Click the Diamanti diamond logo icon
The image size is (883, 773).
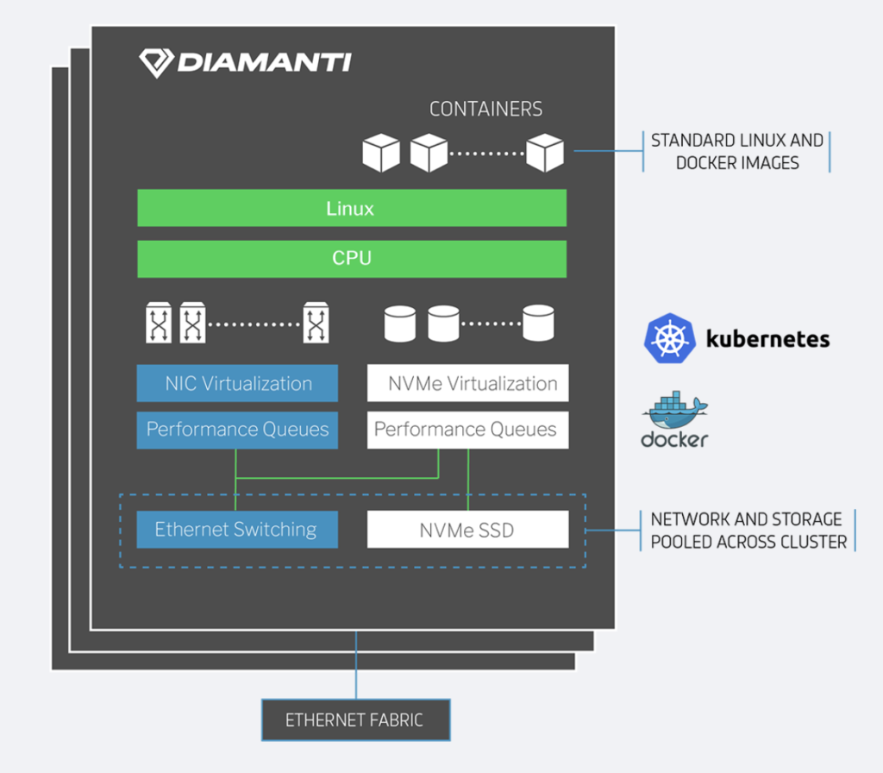point(156,62)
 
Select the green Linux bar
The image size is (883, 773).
point(352,208)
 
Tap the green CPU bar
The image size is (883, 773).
point(352,259)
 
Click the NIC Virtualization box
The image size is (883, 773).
point(237,383)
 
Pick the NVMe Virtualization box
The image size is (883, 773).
point(467,383)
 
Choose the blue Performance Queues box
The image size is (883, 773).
point(237,430)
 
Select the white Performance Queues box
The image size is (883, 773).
point(467,430)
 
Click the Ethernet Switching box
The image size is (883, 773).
point(237,530)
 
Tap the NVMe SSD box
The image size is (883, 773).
point(467,530)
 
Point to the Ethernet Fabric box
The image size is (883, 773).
point(356,720)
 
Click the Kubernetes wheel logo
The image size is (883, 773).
point(669,338)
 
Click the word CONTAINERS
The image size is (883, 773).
point(486,109)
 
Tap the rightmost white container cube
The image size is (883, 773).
point(545,153)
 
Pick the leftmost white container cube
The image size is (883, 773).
point(381,153)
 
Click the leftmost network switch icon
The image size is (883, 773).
point(159,323)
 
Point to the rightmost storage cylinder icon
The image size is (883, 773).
point(538,323)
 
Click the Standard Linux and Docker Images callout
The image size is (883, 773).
point(737,152)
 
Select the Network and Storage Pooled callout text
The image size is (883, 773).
point(748,531)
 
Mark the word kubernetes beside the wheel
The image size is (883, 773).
point(768,338)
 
